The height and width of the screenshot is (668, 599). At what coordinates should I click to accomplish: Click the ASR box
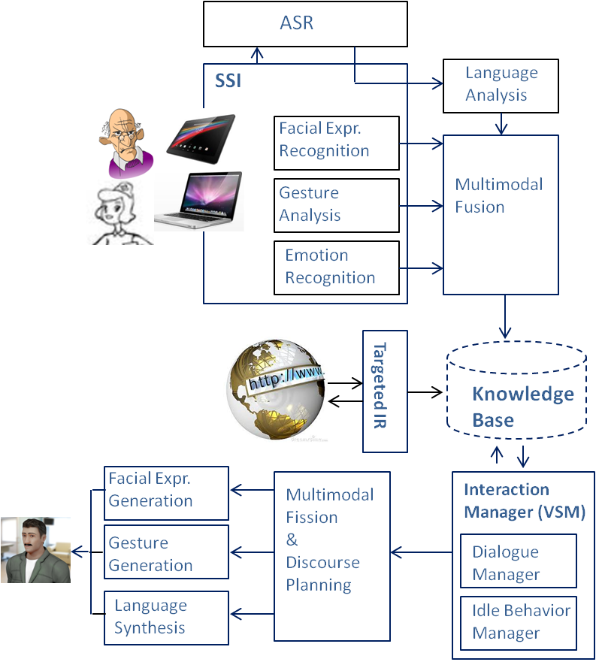click(x=305, y=24)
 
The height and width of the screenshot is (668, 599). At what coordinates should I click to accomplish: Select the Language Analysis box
click(x=501, y=85)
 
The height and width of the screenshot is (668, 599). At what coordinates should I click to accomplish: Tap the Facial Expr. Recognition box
click(x=336, y=142)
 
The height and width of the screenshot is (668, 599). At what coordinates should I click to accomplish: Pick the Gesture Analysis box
click(x=336, y=205)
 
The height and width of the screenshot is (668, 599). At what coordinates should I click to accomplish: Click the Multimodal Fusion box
click(x=501, y=214)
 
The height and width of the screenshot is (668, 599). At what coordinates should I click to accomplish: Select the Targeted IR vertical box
click(x=385, y=391)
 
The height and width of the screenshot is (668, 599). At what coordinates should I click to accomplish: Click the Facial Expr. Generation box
click(x=165, y=493)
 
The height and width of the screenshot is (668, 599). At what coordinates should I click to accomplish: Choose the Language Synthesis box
click(x=165, y=618)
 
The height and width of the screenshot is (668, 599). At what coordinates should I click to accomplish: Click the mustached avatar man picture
click(x=35, y=550)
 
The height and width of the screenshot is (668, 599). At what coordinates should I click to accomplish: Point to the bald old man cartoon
click(x=126, y=141)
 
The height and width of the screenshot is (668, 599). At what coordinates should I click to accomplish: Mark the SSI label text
click(x=228, y=80)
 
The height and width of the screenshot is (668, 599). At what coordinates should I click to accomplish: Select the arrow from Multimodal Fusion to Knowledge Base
click(x=505, y=316)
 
